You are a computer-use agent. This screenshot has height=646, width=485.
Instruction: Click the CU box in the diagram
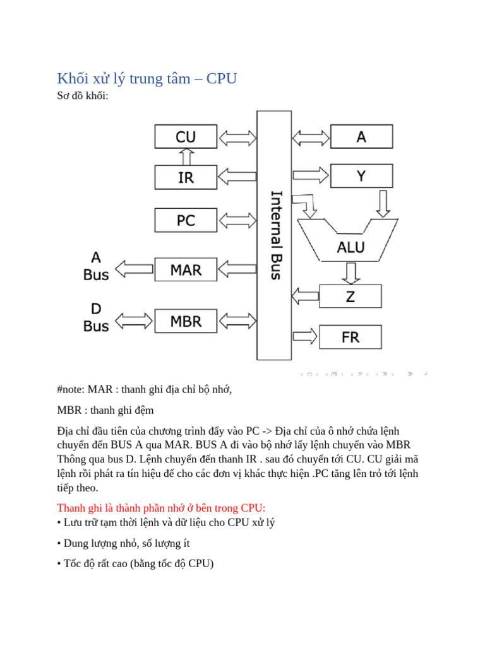point(186,137)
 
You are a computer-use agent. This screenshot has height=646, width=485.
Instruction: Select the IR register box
point(186,178)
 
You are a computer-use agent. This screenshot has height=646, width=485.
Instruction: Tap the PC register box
point(186,220)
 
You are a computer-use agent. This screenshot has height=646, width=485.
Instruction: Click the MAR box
point(186,270)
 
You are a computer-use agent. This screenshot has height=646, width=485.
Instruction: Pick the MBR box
point(186,321)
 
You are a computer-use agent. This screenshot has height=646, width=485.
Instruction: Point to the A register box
point(361,136)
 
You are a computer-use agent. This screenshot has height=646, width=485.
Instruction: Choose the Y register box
point(361,176)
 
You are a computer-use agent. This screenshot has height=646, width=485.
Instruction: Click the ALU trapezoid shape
point(350,243)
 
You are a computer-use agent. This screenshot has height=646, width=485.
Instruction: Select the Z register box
point(350,296)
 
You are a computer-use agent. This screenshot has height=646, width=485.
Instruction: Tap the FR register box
point(350,337)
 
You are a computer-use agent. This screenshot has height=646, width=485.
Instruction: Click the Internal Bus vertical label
point(276,235)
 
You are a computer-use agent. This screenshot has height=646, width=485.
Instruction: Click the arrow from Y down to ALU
point(383,202)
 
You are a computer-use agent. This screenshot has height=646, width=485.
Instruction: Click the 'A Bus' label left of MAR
point(96,266)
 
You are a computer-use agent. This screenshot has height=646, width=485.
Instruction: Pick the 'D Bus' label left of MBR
point(96,317)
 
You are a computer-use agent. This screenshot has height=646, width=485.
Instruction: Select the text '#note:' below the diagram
point(71,389)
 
